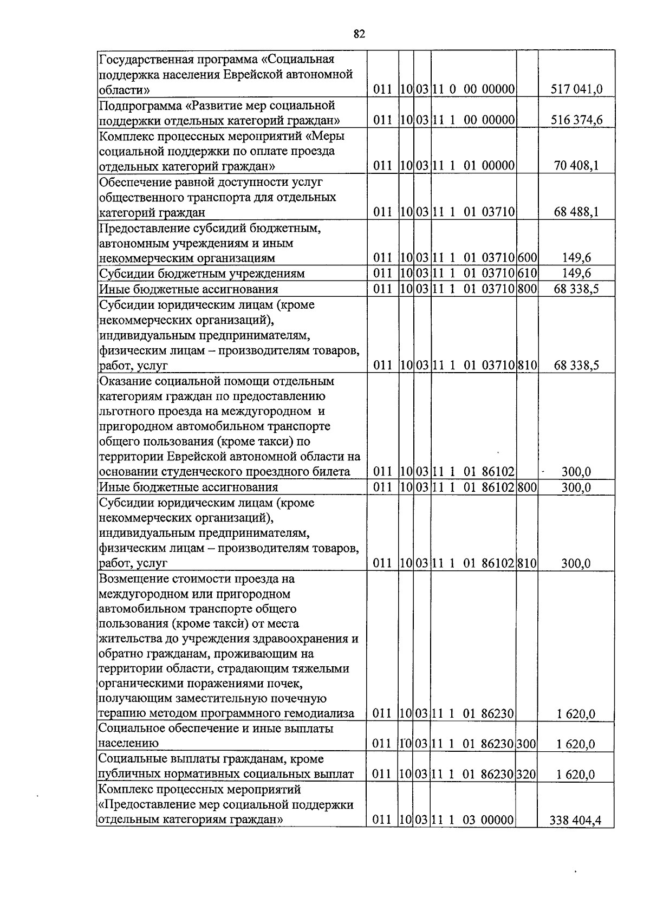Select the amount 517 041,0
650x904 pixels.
point(576,89)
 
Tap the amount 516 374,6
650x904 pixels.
point(576,120)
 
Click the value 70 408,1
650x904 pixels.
point(576,166)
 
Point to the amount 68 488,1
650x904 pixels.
point(576,212)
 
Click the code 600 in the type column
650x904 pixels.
point(526,258)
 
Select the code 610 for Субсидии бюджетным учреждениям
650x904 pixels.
point(526,273)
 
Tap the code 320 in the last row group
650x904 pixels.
point(526,775)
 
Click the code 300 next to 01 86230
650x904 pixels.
point(526,744)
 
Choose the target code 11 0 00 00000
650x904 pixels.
point(473,89)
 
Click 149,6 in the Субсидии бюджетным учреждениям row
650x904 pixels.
point(576,273)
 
